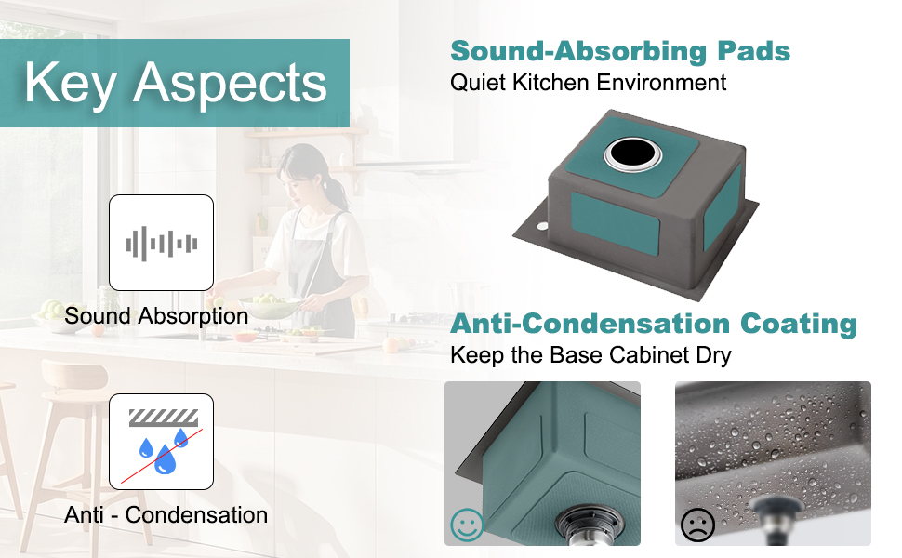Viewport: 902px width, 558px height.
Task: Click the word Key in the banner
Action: click(71, 84)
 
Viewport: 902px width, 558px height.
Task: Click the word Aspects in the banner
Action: click(230, 84)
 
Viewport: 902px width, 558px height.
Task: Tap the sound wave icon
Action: click(162, 244)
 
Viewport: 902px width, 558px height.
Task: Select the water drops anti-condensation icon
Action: click(162, 442)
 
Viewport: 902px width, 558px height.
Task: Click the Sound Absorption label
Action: click(156, 316)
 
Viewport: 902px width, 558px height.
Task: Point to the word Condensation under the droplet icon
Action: click(196, 515)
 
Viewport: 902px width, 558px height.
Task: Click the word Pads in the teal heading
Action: click(753, 51)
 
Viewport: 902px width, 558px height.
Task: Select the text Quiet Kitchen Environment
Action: click(588, 82)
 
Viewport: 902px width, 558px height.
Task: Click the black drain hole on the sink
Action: click(632, 153)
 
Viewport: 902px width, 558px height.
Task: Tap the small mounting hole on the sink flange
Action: click(542, 226)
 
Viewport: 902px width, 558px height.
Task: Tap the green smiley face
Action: click(467, 525)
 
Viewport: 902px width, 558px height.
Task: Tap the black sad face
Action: click(697, 525)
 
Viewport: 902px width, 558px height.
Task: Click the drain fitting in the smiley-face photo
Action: click(590, 525)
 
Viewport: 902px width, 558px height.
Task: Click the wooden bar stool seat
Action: click(74, 375)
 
